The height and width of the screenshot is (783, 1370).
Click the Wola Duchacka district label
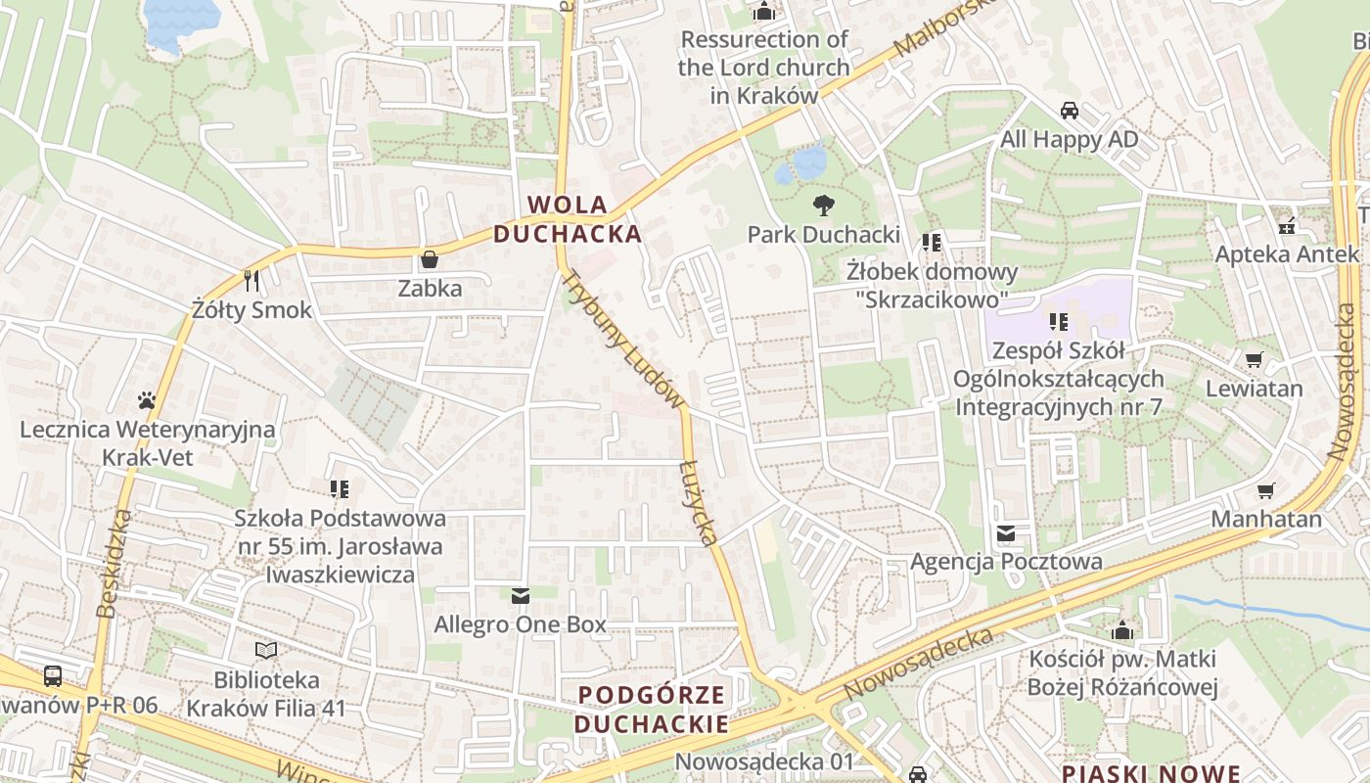pos(568,219)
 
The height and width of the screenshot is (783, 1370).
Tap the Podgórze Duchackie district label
pos(652,710)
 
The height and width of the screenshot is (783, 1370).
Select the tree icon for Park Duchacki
pos(824,206)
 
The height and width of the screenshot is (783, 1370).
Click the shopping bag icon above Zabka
pos(429,259)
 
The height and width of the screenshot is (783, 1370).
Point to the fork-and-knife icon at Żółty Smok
pos(252,281)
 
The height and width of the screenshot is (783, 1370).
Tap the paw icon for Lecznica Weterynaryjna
pos(147,400)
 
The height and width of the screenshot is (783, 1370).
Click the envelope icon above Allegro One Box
pos(521,595)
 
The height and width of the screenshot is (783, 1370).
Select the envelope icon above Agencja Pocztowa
pos(1006,533)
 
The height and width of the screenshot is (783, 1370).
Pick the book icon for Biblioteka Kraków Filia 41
pos(266,650)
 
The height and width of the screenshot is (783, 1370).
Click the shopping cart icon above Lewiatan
pos(1254,359)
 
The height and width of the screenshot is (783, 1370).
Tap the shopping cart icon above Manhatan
pos(1266,489)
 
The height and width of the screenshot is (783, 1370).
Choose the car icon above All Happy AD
pos(1070,111)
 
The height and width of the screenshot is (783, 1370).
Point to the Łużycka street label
pos(699,500)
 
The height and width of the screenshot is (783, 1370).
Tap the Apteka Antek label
pos(1287,254)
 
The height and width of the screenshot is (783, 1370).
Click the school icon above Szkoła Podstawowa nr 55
pos(340,488)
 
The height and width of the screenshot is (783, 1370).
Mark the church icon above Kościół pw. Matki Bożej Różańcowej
pos(1122,630)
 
